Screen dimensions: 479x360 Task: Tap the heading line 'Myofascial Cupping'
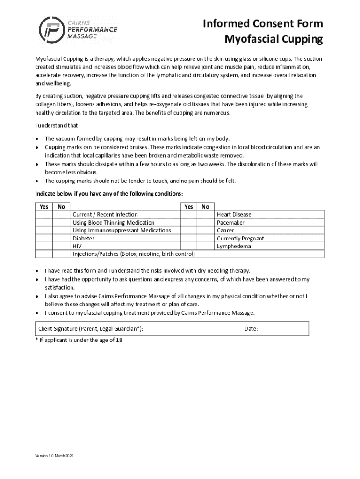click(x=274, y=40)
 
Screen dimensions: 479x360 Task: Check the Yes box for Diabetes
click(x=44, y=238)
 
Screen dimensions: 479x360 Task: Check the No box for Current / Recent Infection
click(x=61, y=214)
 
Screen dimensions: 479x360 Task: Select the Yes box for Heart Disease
click(x=188, y=214)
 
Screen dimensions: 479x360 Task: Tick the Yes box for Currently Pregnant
click(x=188, y=238)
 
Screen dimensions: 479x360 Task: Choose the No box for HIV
click(x=61, y=246)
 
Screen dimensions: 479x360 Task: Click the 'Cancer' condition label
click(x=225, y=230)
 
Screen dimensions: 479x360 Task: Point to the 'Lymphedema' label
click(x=234, y=246)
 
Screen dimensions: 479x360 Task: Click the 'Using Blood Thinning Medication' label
click(x=113, y=222)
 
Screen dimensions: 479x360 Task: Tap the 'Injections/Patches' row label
click(x=133, y=254)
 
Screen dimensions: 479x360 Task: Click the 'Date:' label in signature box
click(x=251, y=329)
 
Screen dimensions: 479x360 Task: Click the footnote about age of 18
click(x=79, y=340)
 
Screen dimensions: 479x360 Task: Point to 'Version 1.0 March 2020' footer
click(x=54, y=456)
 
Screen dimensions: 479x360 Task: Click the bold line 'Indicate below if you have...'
click(x=109, y=194)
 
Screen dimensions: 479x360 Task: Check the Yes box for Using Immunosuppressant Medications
click(x=44, y=230)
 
